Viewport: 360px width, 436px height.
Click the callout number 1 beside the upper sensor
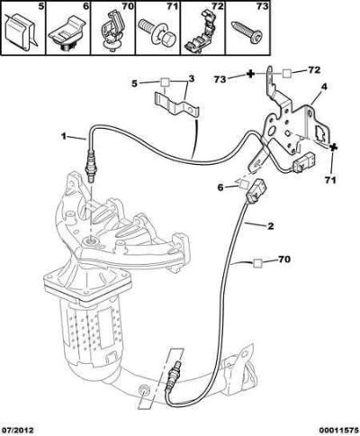63,136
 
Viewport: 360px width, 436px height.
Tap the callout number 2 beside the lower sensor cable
270,226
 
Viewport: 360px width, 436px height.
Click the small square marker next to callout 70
257,263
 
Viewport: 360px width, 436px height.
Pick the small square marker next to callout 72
287,73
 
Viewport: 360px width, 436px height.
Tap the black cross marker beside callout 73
251,74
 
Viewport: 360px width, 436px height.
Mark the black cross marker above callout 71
332,148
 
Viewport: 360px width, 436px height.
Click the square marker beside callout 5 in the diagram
166,82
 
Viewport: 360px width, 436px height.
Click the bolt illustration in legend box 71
155,33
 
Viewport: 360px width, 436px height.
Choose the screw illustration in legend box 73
247,33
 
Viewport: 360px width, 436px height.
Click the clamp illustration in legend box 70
112,31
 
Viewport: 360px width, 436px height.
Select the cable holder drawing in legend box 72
202,30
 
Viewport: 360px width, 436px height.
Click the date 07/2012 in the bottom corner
17,431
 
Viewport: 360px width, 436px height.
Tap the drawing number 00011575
339,431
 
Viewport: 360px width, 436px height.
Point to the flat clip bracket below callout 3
177,107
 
